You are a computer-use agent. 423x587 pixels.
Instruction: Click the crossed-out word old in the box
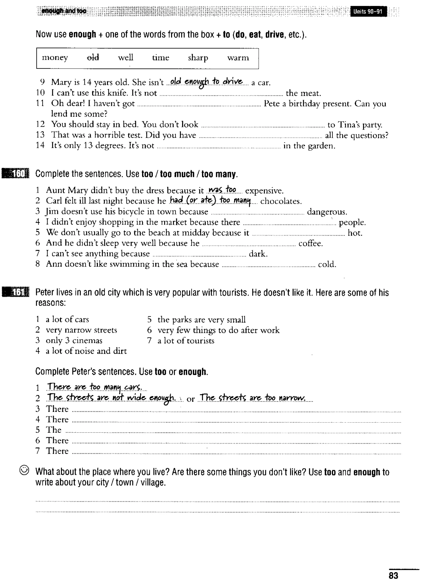[x=93, y=57]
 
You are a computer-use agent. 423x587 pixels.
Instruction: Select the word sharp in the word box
[x=198, y=58]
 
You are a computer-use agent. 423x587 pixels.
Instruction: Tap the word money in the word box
[x=55, y=57]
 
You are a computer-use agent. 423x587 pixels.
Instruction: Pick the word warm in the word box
[x=238, y=58]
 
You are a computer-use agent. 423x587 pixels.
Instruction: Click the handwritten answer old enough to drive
[x=206, y=82]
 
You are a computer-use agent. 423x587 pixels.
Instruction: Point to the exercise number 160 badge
[x=16, y=174]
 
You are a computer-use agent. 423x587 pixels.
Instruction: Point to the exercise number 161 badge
[x=16, y=292]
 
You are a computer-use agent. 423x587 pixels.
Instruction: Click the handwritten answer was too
[x=222, y=190]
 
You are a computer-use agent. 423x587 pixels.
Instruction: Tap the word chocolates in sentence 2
[x=281, y=201]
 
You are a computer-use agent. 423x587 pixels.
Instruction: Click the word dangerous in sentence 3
[x=327, y=212]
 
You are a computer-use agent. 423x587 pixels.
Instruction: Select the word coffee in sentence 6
[x=310, y=243]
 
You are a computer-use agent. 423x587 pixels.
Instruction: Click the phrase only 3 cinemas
[x=74, y=341]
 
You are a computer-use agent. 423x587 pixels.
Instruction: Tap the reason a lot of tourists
[x=186, y=341]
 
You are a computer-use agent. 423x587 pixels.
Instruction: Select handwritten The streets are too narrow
[x=253, y=398]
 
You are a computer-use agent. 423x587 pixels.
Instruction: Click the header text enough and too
[x=64, y=11]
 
